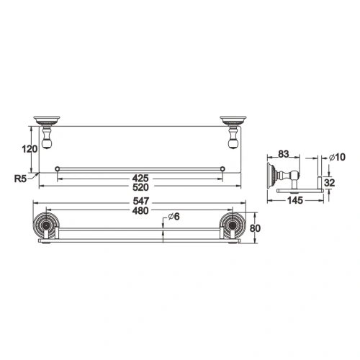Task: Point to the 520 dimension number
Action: click(x=140, y=186)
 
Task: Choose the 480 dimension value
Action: click(x=140, y=211)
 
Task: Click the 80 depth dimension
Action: click(x=253, y=230)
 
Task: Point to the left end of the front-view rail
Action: click(x=57, y=169)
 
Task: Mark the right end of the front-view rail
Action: click(x=223, y=169)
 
